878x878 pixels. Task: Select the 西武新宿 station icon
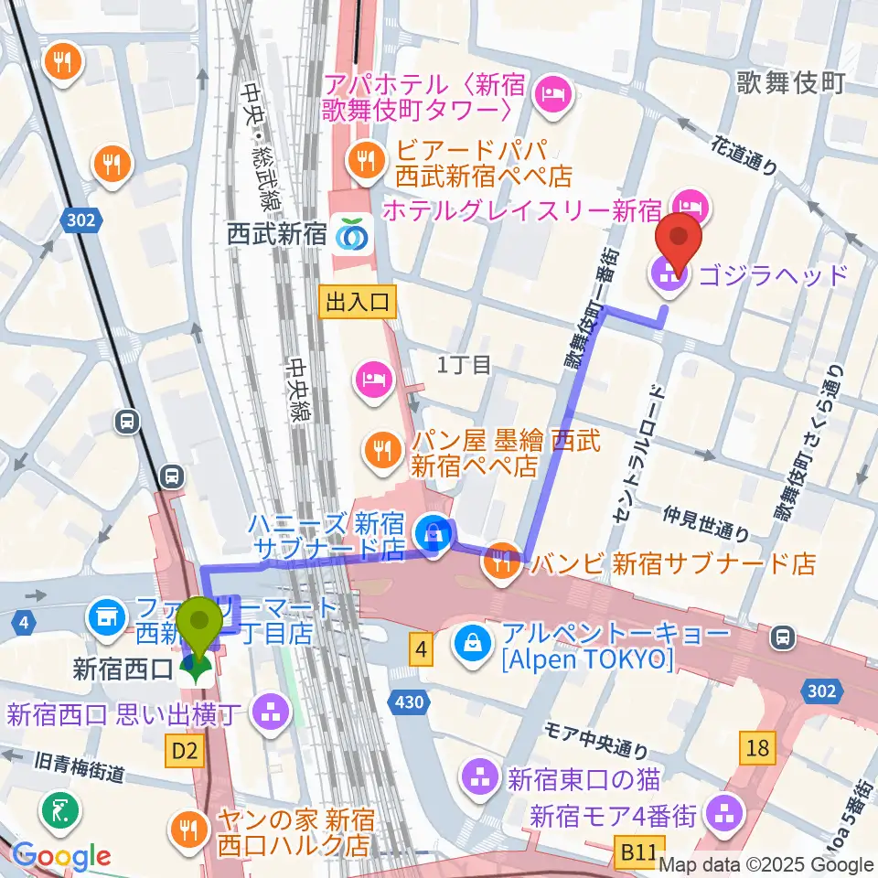[x=350, y=235]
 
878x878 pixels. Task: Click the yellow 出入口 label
[x=358, y=301]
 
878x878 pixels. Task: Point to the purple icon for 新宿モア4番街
[x=728, y=810]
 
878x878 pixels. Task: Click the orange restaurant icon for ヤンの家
[x=189, y=828]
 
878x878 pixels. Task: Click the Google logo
[x=61, y=857]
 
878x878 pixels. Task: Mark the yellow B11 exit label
[x=637, y=853]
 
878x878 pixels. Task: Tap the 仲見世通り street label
[x=708, y=522]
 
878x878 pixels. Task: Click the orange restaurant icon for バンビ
[x=501, y=562]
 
